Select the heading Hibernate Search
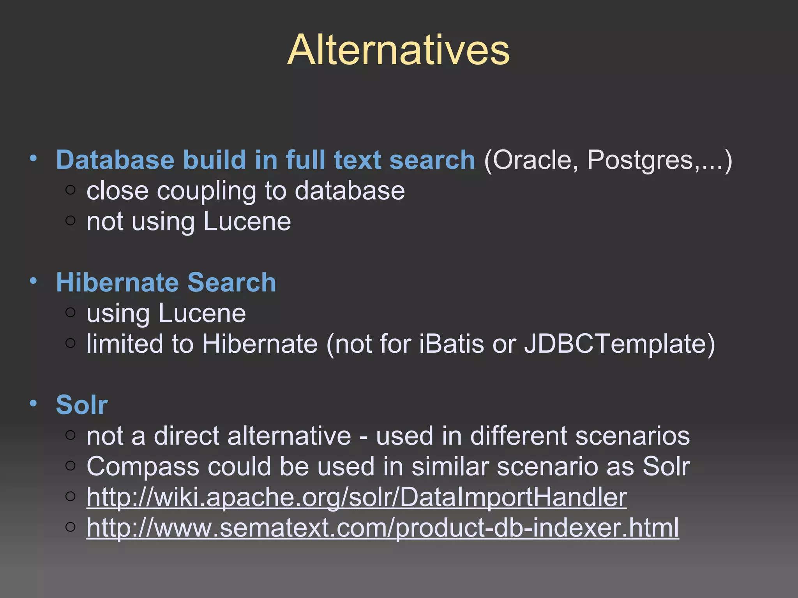point(166,282)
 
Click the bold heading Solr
point(82,405)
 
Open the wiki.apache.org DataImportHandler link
point(357,497)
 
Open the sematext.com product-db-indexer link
point(383,528)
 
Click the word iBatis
point(452,344)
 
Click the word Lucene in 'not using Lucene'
point(247,222)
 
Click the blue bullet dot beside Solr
point(34,403)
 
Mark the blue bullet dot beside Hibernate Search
point(34,280)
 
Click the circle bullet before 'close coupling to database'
point(71,190)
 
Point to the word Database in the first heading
point(115,160)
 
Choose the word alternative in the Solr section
point(289,436)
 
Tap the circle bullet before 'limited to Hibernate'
point(71,343)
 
